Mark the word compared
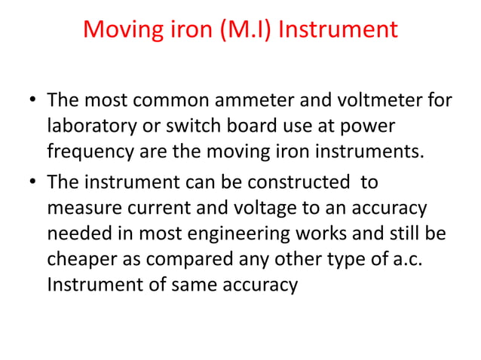[200, 260]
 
